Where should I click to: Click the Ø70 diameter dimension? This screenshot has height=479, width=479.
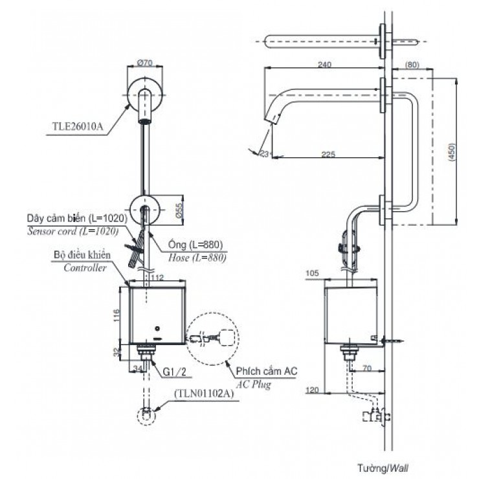coord(144,63)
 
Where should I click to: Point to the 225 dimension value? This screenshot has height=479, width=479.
coord(327,153)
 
